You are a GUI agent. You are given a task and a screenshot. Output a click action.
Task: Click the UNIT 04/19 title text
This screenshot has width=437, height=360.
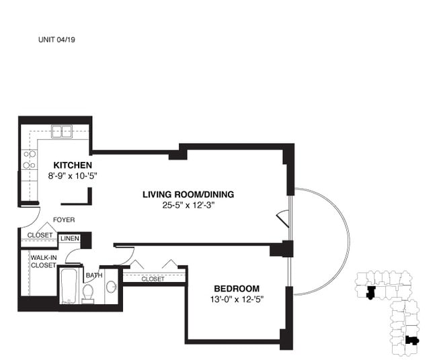(x=56, y=40)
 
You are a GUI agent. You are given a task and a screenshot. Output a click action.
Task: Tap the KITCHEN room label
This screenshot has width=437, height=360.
(x=73, y=165)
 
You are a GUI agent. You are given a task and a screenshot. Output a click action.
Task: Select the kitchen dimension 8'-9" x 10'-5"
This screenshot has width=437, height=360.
(x=73, y=176)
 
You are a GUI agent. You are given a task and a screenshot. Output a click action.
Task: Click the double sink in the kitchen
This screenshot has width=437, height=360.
(x=62, y=132)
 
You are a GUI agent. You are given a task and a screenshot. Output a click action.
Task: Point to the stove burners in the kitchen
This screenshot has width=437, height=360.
(x=30, y=159)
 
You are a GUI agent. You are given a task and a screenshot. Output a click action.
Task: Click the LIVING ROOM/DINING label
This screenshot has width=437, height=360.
(x=188, y=194)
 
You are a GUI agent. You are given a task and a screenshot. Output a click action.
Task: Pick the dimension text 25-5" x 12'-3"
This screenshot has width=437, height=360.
(x=188, y=206)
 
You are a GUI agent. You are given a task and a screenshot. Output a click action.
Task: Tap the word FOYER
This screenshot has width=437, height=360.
(x=64, y=220)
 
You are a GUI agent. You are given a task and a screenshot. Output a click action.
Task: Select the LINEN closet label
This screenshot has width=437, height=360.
(x=70, y=238)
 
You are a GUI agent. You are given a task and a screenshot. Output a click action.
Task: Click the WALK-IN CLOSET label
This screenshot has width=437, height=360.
(x=44, y=261)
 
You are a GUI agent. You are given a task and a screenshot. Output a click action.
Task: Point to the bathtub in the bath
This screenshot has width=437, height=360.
(x=69, y=286)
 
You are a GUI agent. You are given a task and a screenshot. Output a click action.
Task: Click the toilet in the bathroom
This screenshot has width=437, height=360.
(x=88, y=294)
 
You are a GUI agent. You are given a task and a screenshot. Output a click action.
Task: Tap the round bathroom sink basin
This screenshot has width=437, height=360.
(x=112, y=286)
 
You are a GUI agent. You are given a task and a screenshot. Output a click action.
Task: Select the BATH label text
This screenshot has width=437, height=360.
(x=94, y=275)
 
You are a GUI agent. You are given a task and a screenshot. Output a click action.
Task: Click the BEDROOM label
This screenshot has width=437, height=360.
(x=237, y=288)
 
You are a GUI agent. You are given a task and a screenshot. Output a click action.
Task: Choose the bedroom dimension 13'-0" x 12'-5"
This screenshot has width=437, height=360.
(x=237, y=300)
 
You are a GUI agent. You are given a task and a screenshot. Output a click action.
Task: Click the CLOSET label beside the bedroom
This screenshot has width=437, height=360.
(x=153, y=279)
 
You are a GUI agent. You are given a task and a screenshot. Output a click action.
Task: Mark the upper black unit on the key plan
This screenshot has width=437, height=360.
(x=371, y=293)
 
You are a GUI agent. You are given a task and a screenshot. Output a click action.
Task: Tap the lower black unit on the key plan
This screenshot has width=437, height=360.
(x=412, y=341)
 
